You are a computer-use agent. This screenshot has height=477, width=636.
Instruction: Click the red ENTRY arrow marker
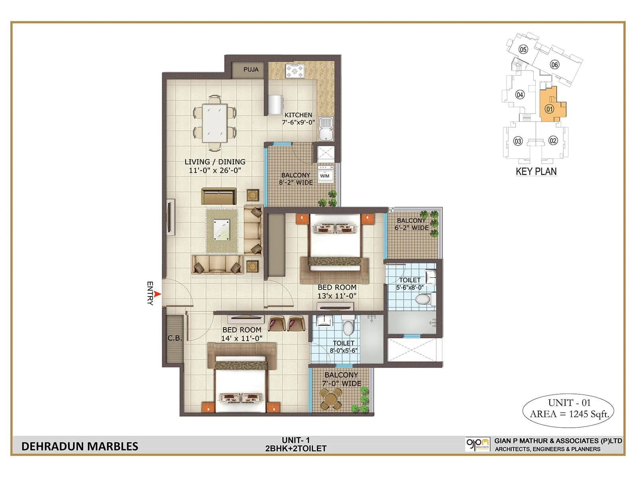[157, 294]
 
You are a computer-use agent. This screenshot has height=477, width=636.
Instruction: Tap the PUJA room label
[251, 70]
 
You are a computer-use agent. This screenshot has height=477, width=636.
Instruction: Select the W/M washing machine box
[325, 175]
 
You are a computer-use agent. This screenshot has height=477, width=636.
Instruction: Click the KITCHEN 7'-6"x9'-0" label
[298, 118]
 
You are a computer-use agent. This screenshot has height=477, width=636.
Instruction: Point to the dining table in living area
[215, 123]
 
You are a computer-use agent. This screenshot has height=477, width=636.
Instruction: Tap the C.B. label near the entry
[175, 338]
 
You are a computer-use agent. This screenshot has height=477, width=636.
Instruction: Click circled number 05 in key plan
[523, 50]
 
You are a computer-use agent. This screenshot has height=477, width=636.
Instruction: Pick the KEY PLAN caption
[536, 172]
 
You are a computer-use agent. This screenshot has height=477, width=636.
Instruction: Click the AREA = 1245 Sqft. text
[569, 414]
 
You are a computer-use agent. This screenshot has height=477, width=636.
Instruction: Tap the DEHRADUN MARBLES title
[80, 446]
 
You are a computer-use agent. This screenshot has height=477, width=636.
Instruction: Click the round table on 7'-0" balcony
[331, 398]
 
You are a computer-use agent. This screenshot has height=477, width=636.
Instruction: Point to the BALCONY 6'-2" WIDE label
[411, 224]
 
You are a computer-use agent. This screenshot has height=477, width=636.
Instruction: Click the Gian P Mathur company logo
[477, 444]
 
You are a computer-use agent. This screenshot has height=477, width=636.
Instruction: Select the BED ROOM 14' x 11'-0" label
[242, 334]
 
